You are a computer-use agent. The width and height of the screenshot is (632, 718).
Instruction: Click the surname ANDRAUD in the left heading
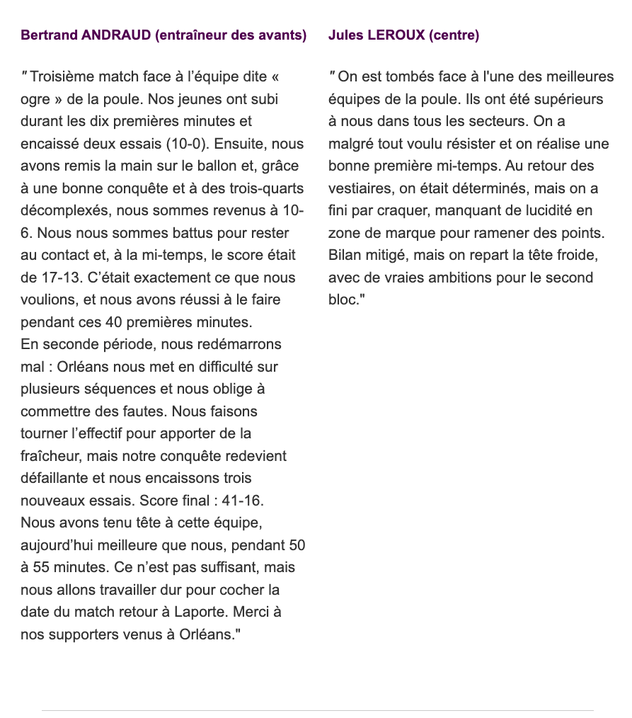click(x=117, y=35)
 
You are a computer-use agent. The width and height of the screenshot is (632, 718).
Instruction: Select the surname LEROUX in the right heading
click(x=396, y=35)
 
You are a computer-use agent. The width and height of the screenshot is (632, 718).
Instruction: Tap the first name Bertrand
click(x=50, y=35)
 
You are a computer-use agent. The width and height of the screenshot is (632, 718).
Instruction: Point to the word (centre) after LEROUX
click(x=454, y=35)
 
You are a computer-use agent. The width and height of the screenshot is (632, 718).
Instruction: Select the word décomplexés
click(x=65, y=210)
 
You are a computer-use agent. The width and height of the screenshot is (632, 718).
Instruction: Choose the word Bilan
click(x=345, y=255)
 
